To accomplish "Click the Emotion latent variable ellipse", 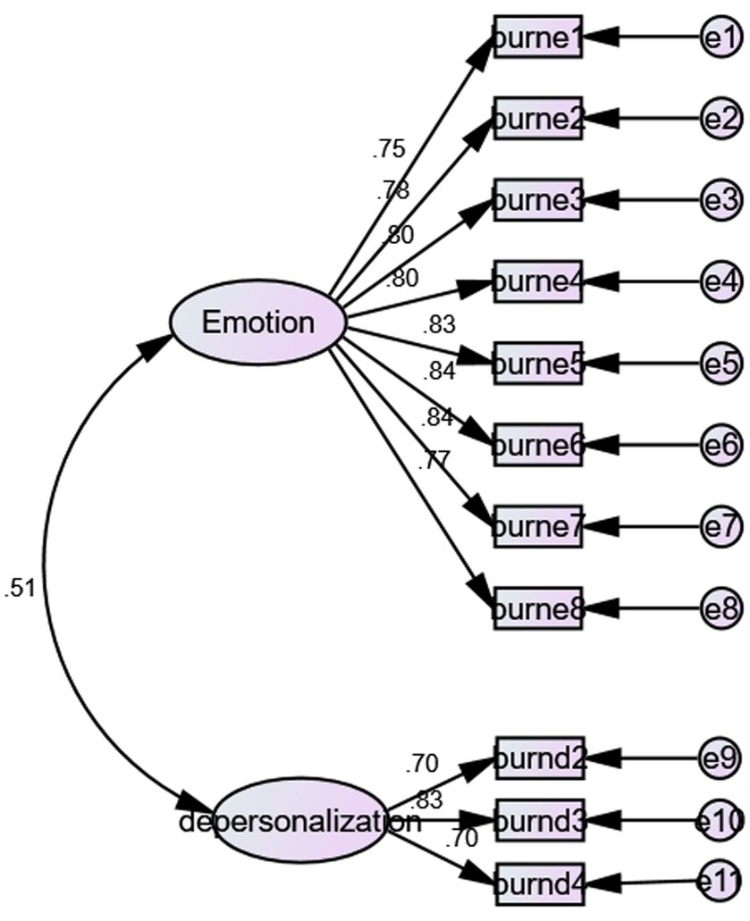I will (x=258, y=322).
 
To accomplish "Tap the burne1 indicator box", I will (x=538, y=38).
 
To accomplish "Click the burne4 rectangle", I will (x=538, y=282).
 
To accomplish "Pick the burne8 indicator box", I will (x=538, y=609).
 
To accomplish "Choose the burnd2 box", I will (x=538, y=759).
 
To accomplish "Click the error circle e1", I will (x=721, y=38).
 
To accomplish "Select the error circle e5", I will (x=721, y=364).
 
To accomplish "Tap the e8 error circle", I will (x=721, y=609).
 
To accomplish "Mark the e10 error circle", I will (x=721, y=821).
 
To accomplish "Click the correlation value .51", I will (x=20, y=588).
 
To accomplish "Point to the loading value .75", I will (x=389, y=149).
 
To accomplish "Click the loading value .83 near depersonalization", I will (x=426, y=800).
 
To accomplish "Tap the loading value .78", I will (x=392, y=189).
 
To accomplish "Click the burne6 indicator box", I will (x=538, y=445).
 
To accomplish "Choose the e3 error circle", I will (x=721, y=200).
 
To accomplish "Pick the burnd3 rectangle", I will (x=538, y=821).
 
